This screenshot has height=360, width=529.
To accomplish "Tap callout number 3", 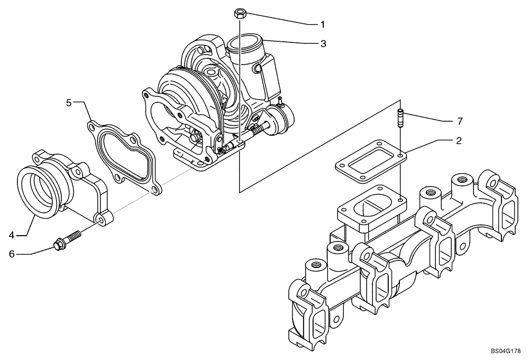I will coord(323,44).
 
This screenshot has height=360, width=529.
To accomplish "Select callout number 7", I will coord(460,121).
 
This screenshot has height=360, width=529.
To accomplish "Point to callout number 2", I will coord(459,141).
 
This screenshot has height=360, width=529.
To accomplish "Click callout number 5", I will coord(69,102).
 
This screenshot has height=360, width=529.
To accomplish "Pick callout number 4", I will coord(11,233).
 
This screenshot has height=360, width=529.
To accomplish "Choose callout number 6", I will coord(11,254).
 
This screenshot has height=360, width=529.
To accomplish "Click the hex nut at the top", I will coord(239,12).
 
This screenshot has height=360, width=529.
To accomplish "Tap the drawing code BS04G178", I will coord(506,350).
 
